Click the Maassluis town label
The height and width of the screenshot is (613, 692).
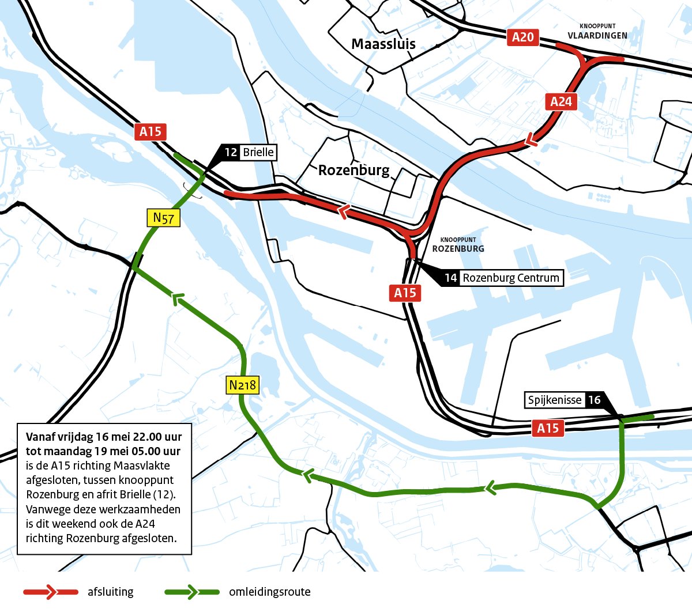tap(383, 44)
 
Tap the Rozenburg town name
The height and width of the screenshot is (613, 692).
tap(353, 170)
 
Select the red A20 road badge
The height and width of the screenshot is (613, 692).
tap(522, 37)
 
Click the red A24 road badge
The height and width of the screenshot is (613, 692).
tap(561, 102)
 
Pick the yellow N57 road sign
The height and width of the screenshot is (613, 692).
tap(163, 218)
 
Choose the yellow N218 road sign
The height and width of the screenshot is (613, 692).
tap(242, 385)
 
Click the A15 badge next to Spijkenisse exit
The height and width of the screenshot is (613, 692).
tap(547, 428)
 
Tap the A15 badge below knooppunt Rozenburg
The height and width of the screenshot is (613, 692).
tap(405, 293)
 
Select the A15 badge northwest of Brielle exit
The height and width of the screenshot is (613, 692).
tap(151, 132)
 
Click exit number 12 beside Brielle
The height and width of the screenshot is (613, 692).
tap(231, 152)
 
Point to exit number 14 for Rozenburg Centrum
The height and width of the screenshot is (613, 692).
tap(450, 278)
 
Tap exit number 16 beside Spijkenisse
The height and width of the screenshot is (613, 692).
tap(594, 400)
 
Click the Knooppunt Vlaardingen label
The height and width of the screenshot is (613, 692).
tap(597, 32)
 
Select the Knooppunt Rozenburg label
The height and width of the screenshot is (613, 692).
tap(458, 245)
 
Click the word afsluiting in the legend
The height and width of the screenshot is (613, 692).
tap(110, 592)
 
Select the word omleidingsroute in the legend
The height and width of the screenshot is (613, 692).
tap(269, 592)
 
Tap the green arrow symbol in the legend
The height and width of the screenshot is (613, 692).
tap(191, 592)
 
